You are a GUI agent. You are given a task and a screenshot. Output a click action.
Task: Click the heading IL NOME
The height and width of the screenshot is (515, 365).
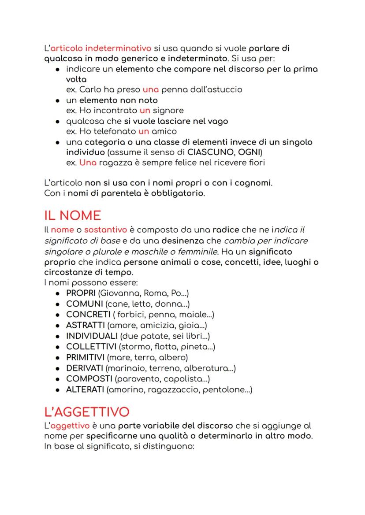coord(73,216)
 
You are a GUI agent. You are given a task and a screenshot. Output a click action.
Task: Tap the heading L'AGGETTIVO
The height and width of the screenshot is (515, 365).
coord(87,412)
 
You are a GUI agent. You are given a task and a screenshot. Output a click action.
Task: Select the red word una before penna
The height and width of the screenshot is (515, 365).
coord(150,89)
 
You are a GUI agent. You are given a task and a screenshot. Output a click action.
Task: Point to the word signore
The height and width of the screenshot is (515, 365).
coord(168,110)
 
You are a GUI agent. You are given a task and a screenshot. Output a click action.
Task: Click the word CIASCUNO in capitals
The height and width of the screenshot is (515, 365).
coord(211,152)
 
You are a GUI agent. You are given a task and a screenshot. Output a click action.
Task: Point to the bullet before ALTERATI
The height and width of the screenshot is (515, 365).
coord(58,390)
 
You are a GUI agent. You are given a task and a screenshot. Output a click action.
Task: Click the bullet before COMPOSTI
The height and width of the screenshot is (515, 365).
coord(58,379)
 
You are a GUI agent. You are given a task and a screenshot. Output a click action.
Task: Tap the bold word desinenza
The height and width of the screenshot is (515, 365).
coord(181,241)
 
